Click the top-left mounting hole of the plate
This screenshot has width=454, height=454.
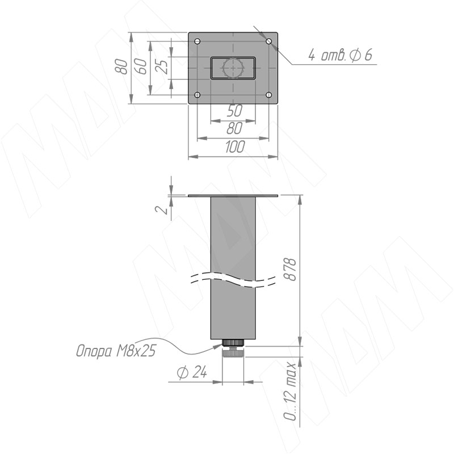click(x=197, y=41)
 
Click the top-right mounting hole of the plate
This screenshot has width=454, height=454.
click(x=269, y=41)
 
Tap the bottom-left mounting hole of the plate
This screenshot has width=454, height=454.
click(x=197, y=95)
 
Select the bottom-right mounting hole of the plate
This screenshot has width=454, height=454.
click(x=269, y=95)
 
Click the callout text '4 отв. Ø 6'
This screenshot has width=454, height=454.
click(x=340, y=55)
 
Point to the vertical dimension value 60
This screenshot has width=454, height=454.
click(x=141, y=66)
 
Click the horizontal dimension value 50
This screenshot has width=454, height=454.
click(x=234, y=111)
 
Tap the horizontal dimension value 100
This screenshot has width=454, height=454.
click(x=235, y=146)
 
